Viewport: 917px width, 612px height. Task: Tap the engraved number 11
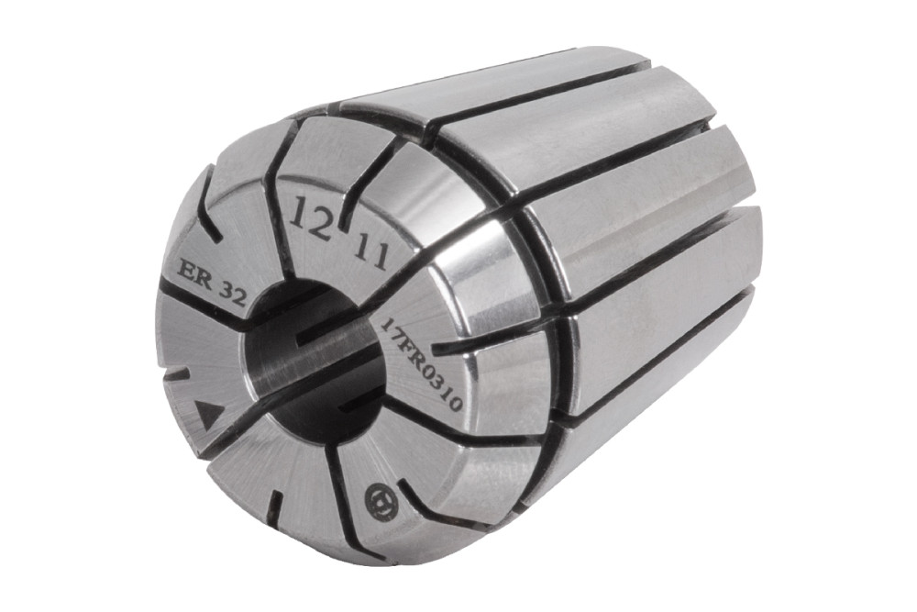tap(372, 251)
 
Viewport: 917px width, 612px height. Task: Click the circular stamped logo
tap(381, 500)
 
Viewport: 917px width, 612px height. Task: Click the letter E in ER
tap(187, 271)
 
